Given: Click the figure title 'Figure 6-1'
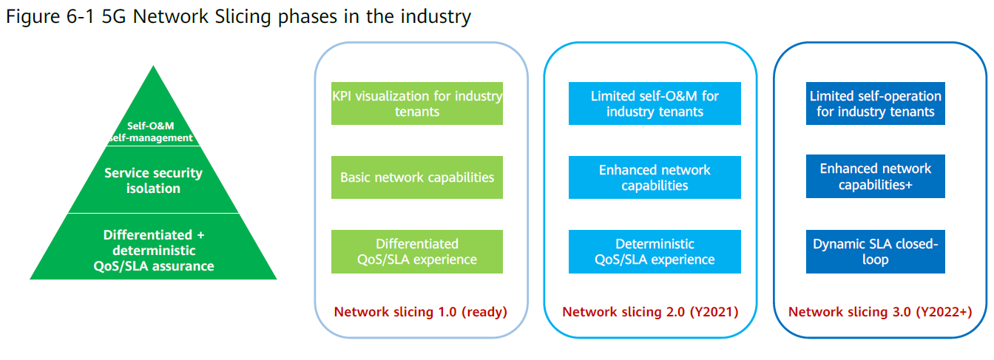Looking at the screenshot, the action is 50,17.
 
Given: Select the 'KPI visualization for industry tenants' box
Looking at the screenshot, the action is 417,103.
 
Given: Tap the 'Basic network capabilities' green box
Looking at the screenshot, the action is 417,177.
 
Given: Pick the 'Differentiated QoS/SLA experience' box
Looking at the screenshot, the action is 417,251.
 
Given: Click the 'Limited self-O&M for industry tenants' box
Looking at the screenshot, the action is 655,103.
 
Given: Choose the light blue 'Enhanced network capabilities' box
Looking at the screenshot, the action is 655,177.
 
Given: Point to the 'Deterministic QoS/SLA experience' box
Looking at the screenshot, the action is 655,251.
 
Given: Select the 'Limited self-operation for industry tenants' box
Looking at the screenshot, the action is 876,103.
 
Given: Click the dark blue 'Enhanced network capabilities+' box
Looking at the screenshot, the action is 876,176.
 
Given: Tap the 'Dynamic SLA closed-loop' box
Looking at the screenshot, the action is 876,251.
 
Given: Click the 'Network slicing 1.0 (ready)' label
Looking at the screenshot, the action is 420,312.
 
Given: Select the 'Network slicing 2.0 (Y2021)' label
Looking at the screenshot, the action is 650,312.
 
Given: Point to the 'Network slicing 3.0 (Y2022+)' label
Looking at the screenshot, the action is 880,312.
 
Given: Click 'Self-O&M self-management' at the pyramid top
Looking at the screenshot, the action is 151,132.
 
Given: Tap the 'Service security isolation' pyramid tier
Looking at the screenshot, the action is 153,180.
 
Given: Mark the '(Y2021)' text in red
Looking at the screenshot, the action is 714,312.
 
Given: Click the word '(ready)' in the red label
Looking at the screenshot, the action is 484,312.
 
